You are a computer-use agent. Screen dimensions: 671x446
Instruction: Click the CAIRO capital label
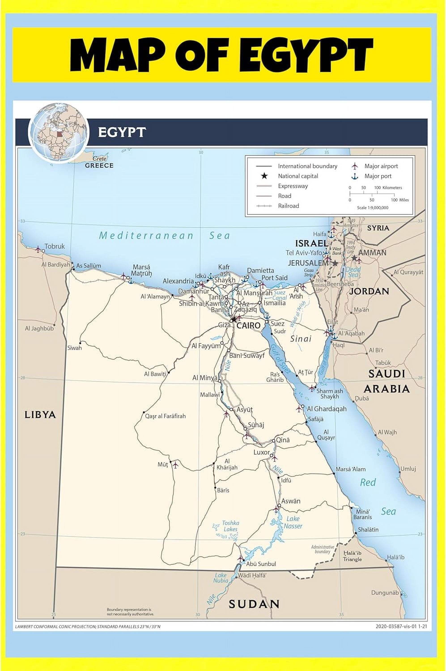pos(248,325)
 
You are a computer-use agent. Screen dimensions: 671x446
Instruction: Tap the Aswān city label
pos(291,501)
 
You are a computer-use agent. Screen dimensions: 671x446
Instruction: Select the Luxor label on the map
pos(261,452)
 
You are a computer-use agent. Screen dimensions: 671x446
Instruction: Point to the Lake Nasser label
pos(293,522)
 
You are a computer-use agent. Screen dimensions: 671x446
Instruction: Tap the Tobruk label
pos(55,246)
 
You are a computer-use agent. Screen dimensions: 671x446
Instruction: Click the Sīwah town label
pos(74,348)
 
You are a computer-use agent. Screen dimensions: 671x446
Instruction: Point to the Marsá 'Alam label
pos(350,469)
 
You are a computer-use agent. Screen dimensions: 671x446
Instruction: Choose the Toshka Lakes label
pos(230,526)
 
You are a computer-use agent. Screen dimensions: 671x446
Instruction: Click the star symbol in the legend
pos(264,176)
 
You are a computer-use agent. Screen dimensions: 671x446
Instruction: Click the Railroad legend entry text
pos(288,206)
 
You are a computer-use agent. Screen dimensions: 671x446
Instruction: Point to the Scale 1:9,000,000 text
pos(373,208)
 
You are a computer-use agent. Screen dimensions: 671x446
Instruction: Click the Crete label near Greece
pos(100,158)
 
